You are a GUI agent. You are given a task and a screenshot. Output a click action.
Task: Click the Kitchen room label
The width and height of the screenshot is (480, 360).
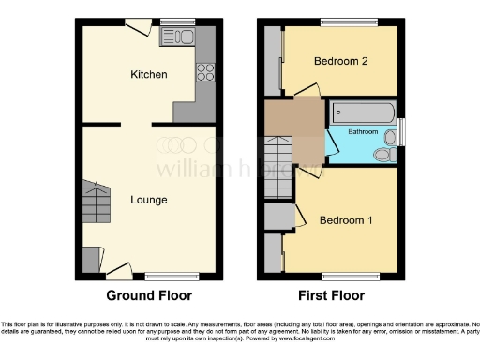click(149, 74)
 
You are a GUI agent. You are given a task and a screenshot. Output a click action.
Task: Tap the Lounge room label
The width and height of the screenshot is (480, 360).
click(149, 200)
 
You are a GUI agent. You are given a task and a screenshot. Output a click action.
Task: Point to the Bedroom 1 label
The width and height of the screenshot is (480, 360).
click(346, 220)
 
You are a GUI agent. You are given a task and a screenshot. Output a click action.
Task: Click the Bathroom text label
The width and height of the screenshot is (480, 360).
click(363, 132)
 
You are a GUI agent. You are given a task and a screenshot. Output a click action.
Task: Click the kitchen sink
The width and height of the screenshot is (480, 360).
click(176, 37)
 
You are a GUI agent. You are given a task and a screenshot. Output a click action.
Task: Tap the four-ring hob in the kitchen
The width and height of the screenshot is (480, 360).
click(204, 71)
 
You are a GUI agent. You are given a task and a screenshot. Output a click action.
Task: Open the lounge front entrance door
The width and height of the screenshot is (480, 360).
click(117, 271)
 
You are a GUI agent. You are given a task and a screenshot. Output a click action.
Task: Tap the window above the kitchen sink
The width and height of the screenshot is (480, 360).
click(177, 22)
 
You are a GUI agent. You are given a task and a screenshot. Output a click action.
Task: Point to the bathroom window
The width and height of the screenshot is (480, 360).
click(402, 131)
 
